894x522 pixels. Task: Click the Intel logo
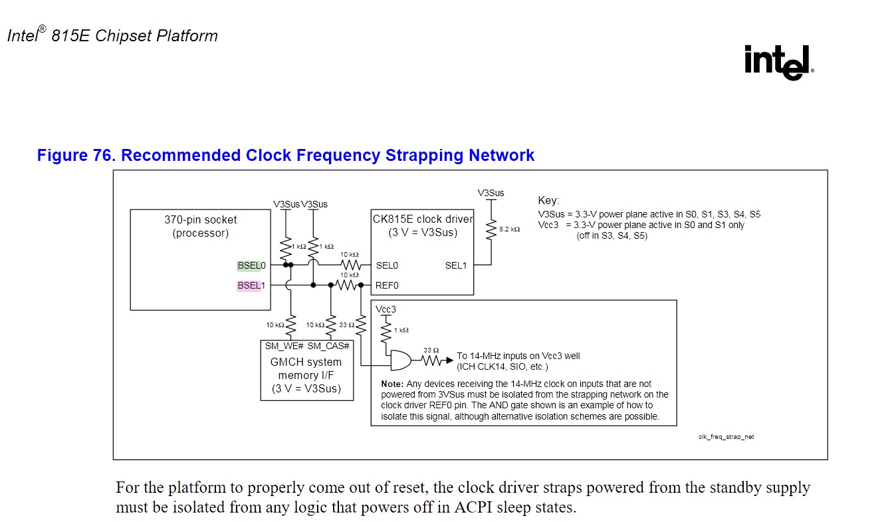click(x=778, y=63)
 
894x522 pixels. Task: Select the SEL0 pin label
click(x=387, y=265)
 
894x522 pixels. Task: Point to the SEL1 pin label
click(x=456, y=265)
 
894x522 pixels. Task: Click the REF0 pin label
click(x=387, y=285)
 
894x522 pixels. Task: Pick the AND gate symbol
click(x=401, y=360)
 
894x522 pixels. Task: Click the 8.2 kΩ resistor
click(x=492, y=229)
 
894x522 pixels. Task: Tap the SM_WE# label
click(x=284, y=346)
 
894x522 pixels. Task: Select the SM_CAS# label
click(x=329, y=346)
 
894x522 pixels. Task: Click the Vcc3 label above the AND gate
click(x=386, y=310)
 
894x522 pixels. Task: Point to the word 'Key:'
click(x=548, y=200)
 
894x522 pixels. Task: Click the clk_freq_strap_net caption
click(x=726, y=437)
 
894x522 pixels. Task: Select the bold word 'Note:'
click(x=391, y=384)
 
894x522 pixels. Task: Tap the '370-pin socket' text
click(x=201, y=219)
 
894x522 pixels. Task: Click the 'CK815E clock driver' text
click(x=423, y=219)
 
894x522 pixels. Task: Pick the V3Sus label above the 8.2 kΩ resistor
click(x=491, y=193)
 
